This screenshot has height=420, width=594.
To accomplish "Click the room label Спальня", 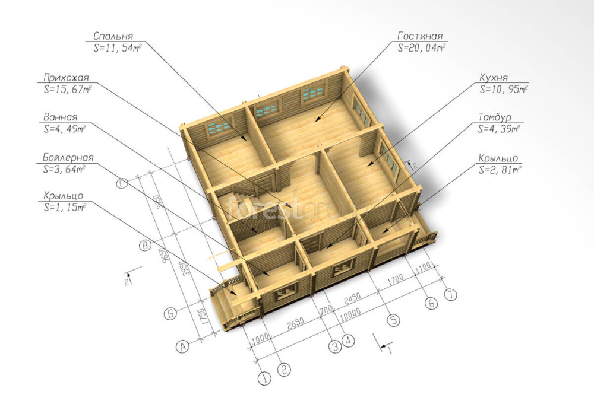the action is click(113, 36).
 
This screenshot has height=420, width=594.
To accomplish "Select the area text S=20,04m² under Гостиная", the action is click(421, 47).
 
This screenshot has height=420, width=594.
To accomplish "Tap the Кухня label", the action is click(494, 78).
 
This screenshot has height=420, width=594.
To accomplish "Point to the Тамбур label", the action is click(495, 117).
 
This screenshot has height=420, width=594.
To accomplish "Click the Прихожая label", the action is click(66, 78).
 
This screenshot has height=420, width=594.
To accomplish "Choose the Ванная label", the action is click(60, 117).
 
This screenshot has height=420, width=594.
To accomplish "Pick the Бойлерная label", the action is click(68, 157).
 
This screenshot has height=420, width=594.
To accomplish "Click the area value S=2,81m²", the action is click(500, 170).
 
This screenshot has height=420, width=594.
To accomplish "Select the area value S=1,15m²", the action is click(65, 208).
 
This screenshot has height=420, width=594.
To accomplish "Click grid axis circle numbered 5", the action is click(394, 320).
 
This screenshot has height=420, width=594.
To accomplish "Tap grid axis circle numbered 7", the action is click(450, 294).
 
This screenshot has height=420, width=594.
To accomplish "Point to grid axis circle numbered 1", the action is click(264, 378).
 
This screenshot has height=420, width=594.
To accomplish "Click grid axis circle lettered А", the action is click(182, 346).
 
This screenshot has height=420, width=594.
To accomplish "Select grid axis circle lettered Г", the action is click(122, 184).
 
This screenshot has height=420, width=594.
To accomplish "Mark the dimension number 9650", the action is click(163, 257).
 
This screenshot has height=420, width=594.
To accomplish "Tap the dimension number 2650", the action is click(295, 323).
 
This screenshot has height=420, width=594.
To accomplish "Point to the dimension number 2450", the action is click(352, 298).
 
